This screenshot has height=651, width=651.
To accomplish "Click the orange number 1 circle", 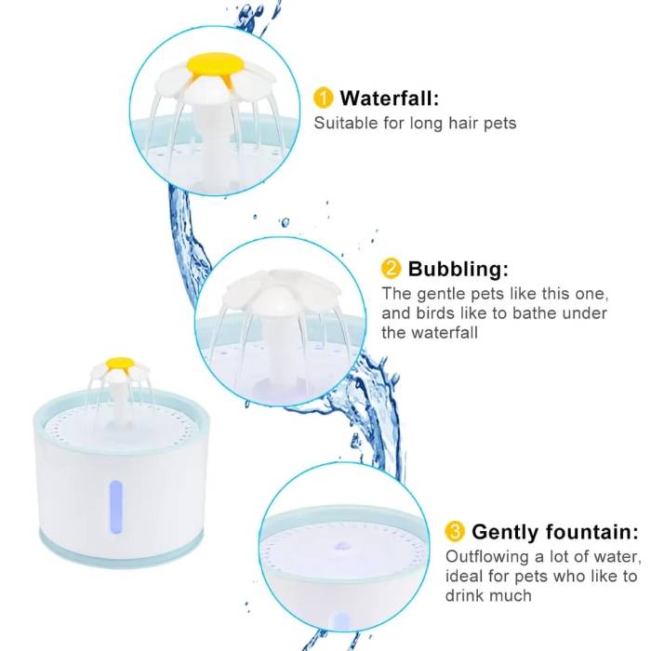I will point(323,98).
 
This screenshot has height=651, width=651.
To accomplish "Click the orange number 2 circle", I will point(392,270).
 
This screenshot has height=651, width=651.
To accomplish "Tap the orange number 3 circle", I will point(455,532).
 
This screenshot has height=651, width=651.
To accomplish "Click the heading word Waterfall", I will point(390,98).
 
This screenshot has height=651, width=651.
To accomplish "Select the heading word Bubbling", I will point(458,270).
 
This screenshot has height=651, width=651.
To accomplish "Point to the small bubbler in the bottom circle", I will point(340,539).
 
